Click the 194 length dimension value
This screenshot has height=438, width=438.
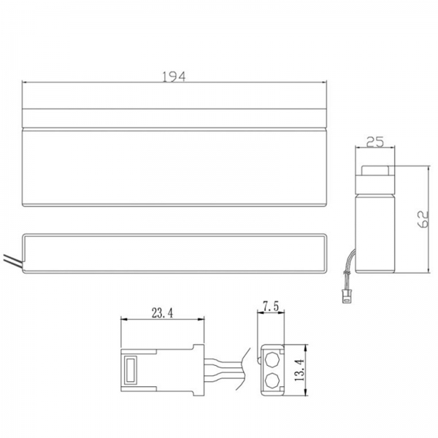[x=174, y=77]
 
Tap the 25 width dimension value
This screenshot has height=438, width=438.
[x=375, y=142]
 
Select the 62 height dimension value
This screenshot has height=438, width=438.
[x=423, y=219]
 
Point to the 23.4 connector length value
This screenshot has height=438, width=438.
[x=162, y=313]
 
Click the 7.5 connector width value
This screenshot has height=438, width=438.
[x=271, y=307]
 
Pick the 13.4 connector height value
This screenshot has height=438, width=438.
[x=299, y=370]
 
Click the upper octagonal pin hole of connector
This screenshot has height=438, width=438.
[x=272, y=360]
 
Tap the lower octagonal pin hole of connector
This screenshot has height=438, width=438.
[x=272, y=380]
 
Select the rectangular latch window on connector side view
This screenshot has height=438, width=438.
[x=131, y=370]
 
